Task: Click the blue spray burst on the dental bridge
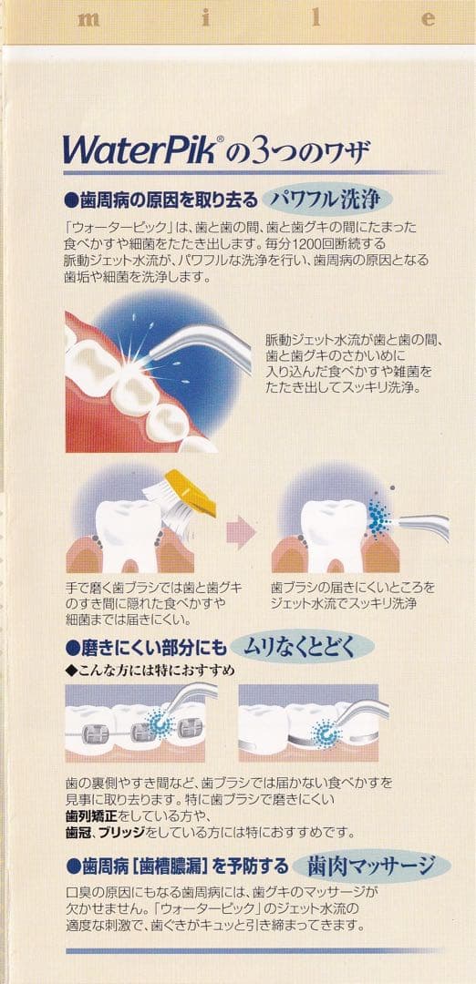tap(322, 733)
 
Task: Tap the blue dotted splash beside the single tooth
tap(378, 518)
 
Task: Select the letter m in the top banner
tap(89, 17)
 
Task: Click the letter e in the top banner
tap(428, 17)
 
